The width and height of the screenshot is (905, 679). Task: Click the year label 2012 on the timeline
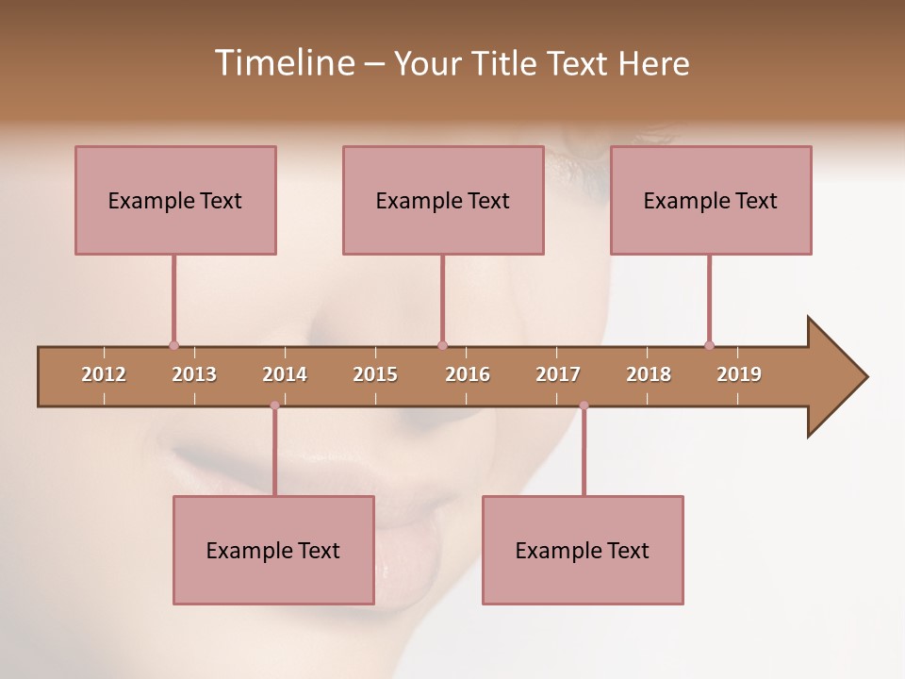point(104,374)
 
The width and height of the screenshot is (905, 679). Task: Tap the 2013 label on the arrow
point(194,374)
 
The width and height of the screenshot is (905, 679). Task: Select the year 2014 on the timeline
point(285,374)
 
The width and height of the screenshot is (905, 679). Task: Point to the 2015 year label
point(375,374)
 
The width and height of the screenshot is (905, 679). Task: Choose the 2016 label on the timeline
point(468,374)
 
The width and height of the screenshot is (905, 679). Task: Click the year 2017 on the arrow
point(558,374)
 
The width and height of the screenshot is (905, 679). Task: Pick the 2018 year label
point(649,374)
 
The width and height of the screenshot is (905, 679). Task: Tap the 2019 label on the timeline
point(739,374)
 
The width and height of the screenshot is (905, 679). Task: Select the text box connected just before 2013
point(175,200)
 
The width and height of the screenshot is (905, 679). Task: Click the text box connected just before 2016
point(443,200)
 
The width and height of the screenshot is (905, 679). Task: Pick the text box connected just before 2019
point(711,200)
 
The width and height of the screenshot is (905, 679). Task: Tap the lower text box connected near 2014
point(273,550)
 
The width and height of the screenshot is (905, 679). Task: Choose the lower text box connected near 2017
point(583,550)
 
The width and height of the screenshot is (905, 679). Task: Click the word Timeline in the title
point(283,63)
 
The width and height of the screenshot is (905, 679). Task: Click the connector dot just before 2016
point(442,345)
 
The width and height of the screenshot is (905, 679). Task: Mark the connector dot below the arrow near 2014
point(274,406)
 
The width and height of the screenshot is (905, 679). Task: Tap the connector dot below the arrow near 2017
point(584,406)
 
